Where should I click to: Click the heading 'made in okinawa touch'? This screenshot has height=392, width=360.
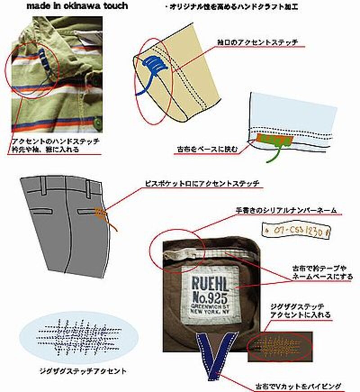[76, 6]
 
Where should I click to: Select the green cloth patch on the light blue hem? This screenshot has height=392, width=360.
[272, 140]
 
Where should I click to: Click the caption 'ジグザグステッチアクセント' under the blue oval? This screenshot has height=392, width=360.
[82, 372]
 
